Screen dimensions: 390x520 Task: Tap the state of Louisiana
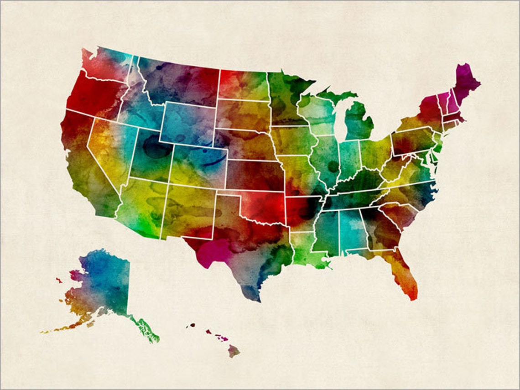click(x=303, y=249)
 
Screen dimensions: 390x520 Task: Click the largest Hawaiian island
click(x=234, y=351)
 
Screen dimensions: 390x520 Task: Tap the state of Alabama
click(x=353, y=230)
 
